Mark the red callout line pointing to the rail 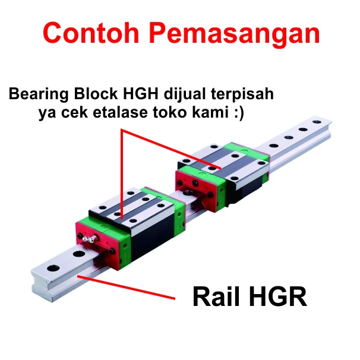click(131, 285)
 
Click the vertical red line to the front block click(121, 172)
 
